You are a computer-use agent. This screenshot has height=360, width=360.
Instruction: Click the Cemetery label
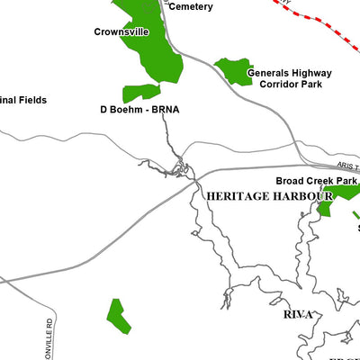(x=191, y=7)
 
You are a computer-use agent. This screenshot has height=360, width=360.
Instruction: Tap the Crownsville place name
(x=121, y=31)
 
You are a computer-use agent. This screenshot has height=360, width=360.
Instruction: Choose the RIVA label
(x=297, y=314)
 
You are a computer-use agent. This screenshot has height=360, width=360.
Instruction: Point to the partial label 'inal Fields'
(x=23, y=101)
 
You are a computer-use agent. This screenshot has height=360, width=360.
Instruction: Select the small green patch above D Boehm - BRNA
(x=141, y=91)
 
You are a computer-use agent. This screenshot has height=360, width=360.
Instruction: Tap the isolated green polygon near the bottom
(x=118, y=313)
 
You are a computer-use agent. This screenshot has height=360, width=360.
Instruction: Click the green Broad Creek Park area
(x=340, y=193)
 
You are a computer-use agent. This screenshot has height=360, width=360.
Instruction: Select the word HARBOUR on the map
(x=302, y=195)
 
